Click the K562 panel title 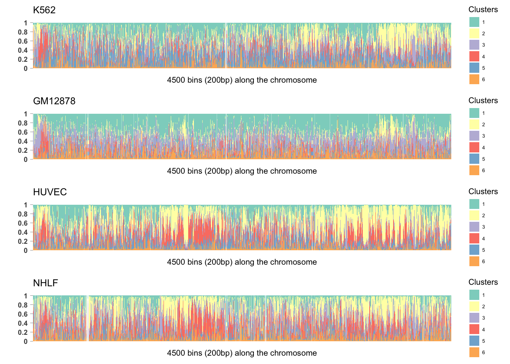(44, 10)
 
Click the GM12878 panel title (54, 101)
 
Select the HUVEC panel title (50, 192)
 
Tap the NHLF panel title (46, 283)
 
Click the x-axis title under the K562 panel (242, 80)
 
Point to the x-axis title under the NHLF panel (242, 353)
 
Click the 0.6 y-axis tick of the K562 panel (23, 41)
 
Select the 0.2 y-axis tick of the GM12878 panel (23, 151)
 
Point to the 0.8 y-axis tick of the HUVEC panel (23, 214)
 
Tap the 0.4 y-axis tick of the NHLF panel (23, 323)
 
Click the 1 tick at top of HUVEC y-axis (26, 205)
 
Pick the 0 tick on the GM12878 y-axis (26, 160)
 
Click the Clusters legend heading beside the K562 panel (483, 9)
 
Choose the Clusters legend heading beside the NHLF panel (483, 282)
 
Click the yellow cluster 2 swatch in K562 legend (474, 33)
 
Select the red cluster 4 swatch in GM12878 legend (474, 147)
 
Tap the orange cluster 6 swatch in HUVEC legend (474, 261)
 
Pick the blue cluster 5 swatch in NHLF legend (474, 341)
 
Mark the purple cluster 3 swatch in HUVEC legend (474, 227)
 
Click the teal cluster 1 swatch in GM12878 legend (474, 113)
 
